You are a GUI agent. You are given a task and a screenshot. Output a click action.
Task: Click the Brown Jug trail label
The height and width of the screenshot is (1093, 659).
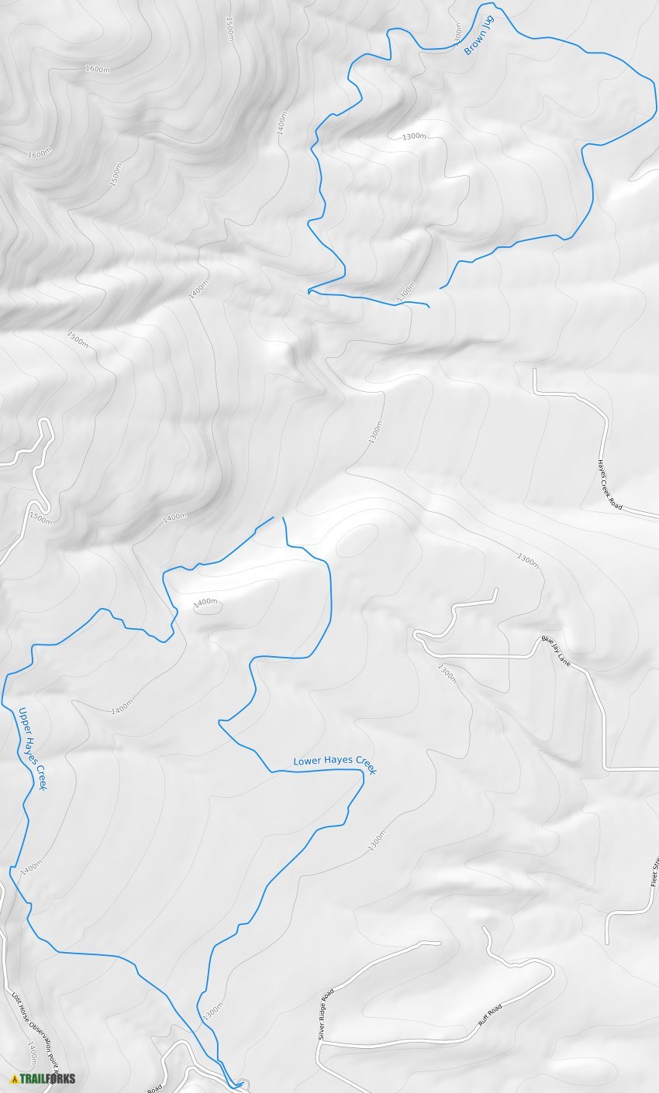point(478,35)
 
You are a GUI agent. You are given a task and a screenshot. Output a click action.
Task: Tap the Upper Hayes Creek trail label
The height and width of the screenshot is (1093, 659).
point(33,748)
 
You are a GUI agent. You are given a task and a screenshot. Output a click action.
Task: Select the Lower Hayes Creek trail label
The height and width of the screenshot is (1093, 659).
point(334,762)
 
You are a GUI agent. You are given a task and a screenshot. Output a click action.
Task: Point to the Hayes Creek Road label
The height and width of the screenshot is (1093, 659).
point(609,484)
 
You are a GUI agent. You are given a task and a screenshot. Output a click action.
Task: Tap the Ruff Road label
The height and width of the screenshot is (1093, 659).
point(489,1015)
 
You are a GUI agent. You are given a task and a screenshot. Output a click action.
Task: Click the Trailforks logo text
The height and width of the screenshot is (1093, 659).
point(47,1078)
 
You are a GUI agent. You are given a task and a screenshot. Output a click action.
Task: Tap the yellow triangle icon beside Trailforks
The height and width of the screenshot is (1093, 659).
point(14,1079)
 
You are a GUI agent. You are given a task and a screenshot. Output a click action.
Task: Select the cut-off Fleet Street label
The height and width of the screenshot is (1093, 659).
point(654,872)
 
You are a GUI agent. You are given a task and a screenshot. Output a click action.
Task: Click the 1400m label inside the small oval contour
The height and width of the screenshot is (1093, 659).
point(205,602)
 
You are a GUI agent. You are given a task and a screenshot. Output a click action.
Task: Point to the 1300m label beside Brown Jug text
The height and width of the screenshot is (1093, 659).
point(457,33)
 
